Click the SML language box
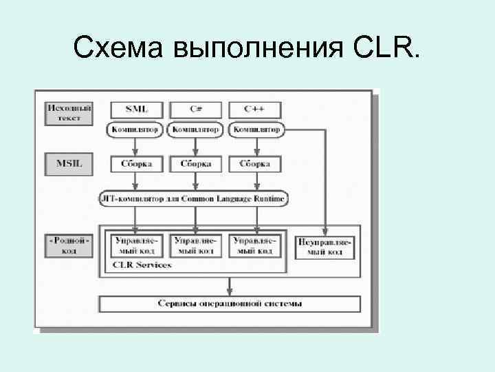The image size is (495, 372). [x=135, y=110]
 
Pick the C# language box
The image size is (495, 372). [x=196, y=110]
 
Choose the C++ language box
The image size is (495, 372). [x=255, y=110]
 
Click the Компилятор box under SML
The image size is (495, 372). [x=135, y=129]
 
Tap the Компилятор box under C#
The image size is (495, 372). [x=196, y=129]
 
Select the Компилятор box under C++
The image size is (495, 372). [x=256, y=129]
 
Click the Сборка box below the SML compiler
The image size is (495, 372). [x=135, y=164]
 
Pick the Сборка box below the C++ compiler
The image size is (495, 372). [x=255, y=164]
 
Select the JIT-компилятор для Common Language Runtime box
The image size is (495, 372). [x=193, y=199]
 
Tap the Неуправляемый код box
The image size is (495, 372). [x=324, y=247]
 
